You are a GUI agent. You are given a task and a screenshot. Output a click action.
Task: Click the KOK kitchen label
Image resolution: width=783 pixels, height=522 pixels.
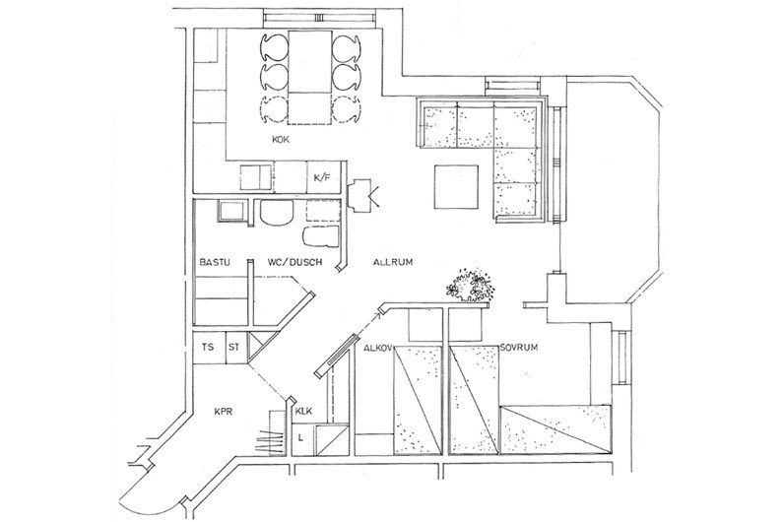click(281, 140)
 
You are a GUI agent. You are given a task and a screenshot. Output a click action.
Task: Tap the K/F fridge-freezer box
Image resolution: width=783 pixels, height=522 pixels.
click(322, 177)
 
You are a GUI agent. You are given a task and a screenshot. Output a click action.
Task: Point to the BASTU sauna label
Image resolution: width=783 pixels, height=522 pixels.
click(215, 262)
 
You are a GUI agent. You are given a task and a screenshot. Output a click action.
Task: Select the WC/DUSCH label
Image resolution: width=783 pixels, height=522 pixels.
click(295, 262)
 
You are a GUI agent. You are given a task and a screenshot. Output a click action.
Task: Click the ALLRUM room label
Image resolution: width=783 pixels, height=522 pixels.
click(393, 262)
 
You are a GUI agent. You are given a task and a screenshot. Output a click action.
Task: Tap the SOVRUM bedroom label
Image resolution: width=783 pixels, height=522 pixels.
click(519, 347)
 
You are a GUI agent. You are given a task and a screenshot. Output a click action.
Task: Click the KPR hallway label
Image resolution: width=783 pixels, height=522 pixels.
click(224, 412)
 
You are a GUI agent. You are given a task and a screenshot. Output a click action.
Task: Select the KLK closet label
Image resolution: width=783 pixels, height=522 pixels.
click(303, 411)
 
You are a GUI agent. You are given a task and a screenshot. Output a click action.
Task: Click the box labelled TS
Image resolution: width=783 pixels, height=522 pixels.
click(210, 347)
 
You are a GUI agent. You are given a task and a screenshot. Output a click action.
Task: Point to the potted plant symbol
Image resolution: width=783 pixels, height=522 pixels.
click(470, 285)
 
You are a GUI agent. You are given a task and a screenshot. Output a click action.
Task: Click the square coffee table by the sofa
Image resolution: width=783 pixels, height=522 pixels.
click(456, 187)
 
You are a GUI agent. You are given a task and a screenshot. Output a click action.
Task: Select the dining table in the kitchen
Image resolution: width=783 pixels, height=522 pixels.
click(309, 78)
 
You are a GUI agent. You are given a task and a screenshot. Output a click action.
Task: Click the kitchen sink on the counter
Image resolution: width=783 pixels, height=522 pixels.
click(256, 177)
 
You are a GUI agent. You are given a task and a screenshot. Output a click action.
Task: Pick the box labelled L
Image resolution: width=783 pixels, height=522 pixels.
click(302, 439)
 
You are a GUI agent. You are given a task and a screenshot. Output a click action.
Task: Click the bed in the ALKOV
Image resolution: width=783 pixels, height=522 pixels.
click(418, 400)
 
